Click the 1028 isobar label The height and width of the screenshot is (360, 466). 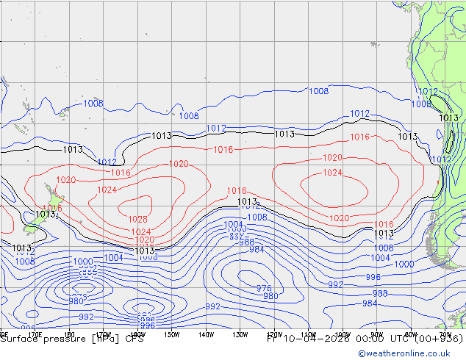point(138,219)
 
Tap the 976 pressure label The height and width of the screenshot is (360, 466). point(264,288)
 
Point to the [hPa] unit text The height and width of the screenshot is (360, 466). point(106,339)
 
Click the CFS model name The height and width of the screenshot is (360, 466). point(135,339)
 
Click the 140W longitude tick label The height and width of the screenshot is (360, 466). point(206,334)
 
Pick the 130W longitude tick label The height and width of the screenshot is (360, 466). point(240,334)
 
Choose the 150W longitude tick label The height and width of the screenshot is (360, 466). point(171,334)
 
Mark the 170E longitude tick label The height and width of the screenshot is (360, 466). point(35,334)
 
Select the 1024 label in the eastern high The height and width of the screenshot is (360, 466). point(332,173)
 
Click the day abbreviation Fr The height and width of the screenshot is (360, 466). point(271,339)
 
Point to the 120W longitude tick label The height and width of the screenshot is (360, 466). point(274,334)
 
